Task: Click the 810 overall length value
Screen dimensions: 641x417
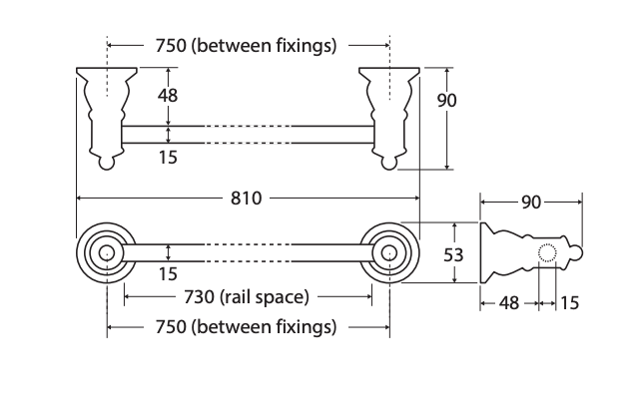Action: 246,199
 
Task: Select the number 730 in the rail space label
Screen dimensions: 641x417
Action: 199,297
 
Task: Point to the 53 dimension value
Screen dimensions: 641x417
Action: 453,254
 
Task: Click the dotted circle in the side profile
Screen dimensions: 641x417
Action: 547,252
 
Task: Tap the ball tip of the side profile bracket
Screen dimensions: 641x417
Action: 577,252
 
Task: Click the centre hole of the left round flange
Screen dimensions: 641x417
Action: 107,253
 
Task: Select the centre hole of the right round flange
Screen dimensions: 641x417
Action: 389,253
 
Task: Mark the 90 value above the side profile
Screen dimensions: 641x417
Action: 531,203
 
